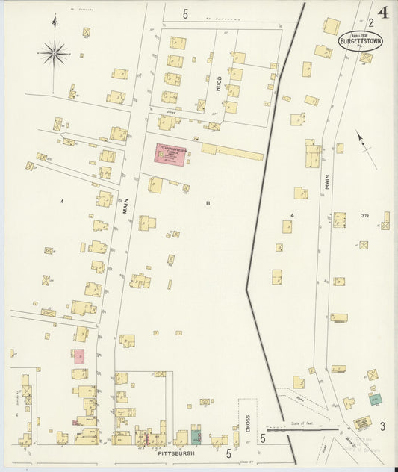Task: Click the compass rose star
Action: tap(55, 52)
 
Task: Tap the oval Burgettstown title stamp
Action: tap(361, 41)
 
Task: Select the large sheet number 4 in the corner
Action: tap(383, 13)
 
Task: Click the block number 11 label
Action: tap(209, 202)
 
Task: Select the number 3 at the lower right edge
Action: tap(382, 426)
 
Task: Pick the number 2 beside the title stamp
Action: tap(371, 24)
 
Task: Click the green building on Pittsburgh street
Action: tap(196, 436)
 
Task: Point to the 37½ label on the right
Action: tap(365, 217)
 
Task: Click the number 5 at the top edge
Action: tap(185, 13)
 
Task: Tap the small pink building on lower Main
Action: tap(78, 356)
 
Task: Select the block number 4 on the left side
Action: tap(63, 201)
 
